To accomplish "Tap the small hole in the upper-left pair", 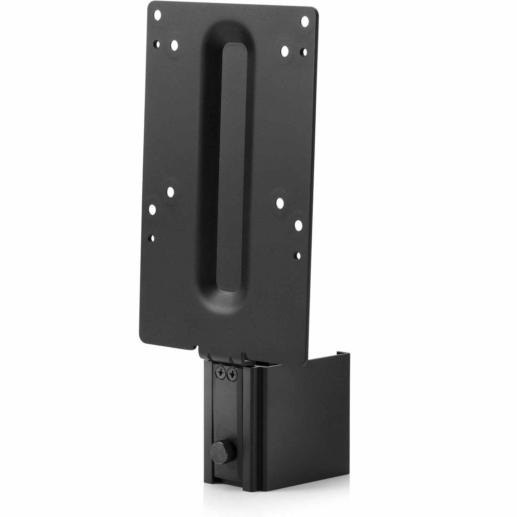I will (x=157, y=44).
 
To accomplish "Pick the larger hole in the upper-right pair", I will (x=285, y=51).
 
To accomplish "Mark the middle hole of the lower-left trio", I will (x=152, y=209).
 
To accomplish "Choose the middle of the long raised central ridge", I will (x=229, y=179).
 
